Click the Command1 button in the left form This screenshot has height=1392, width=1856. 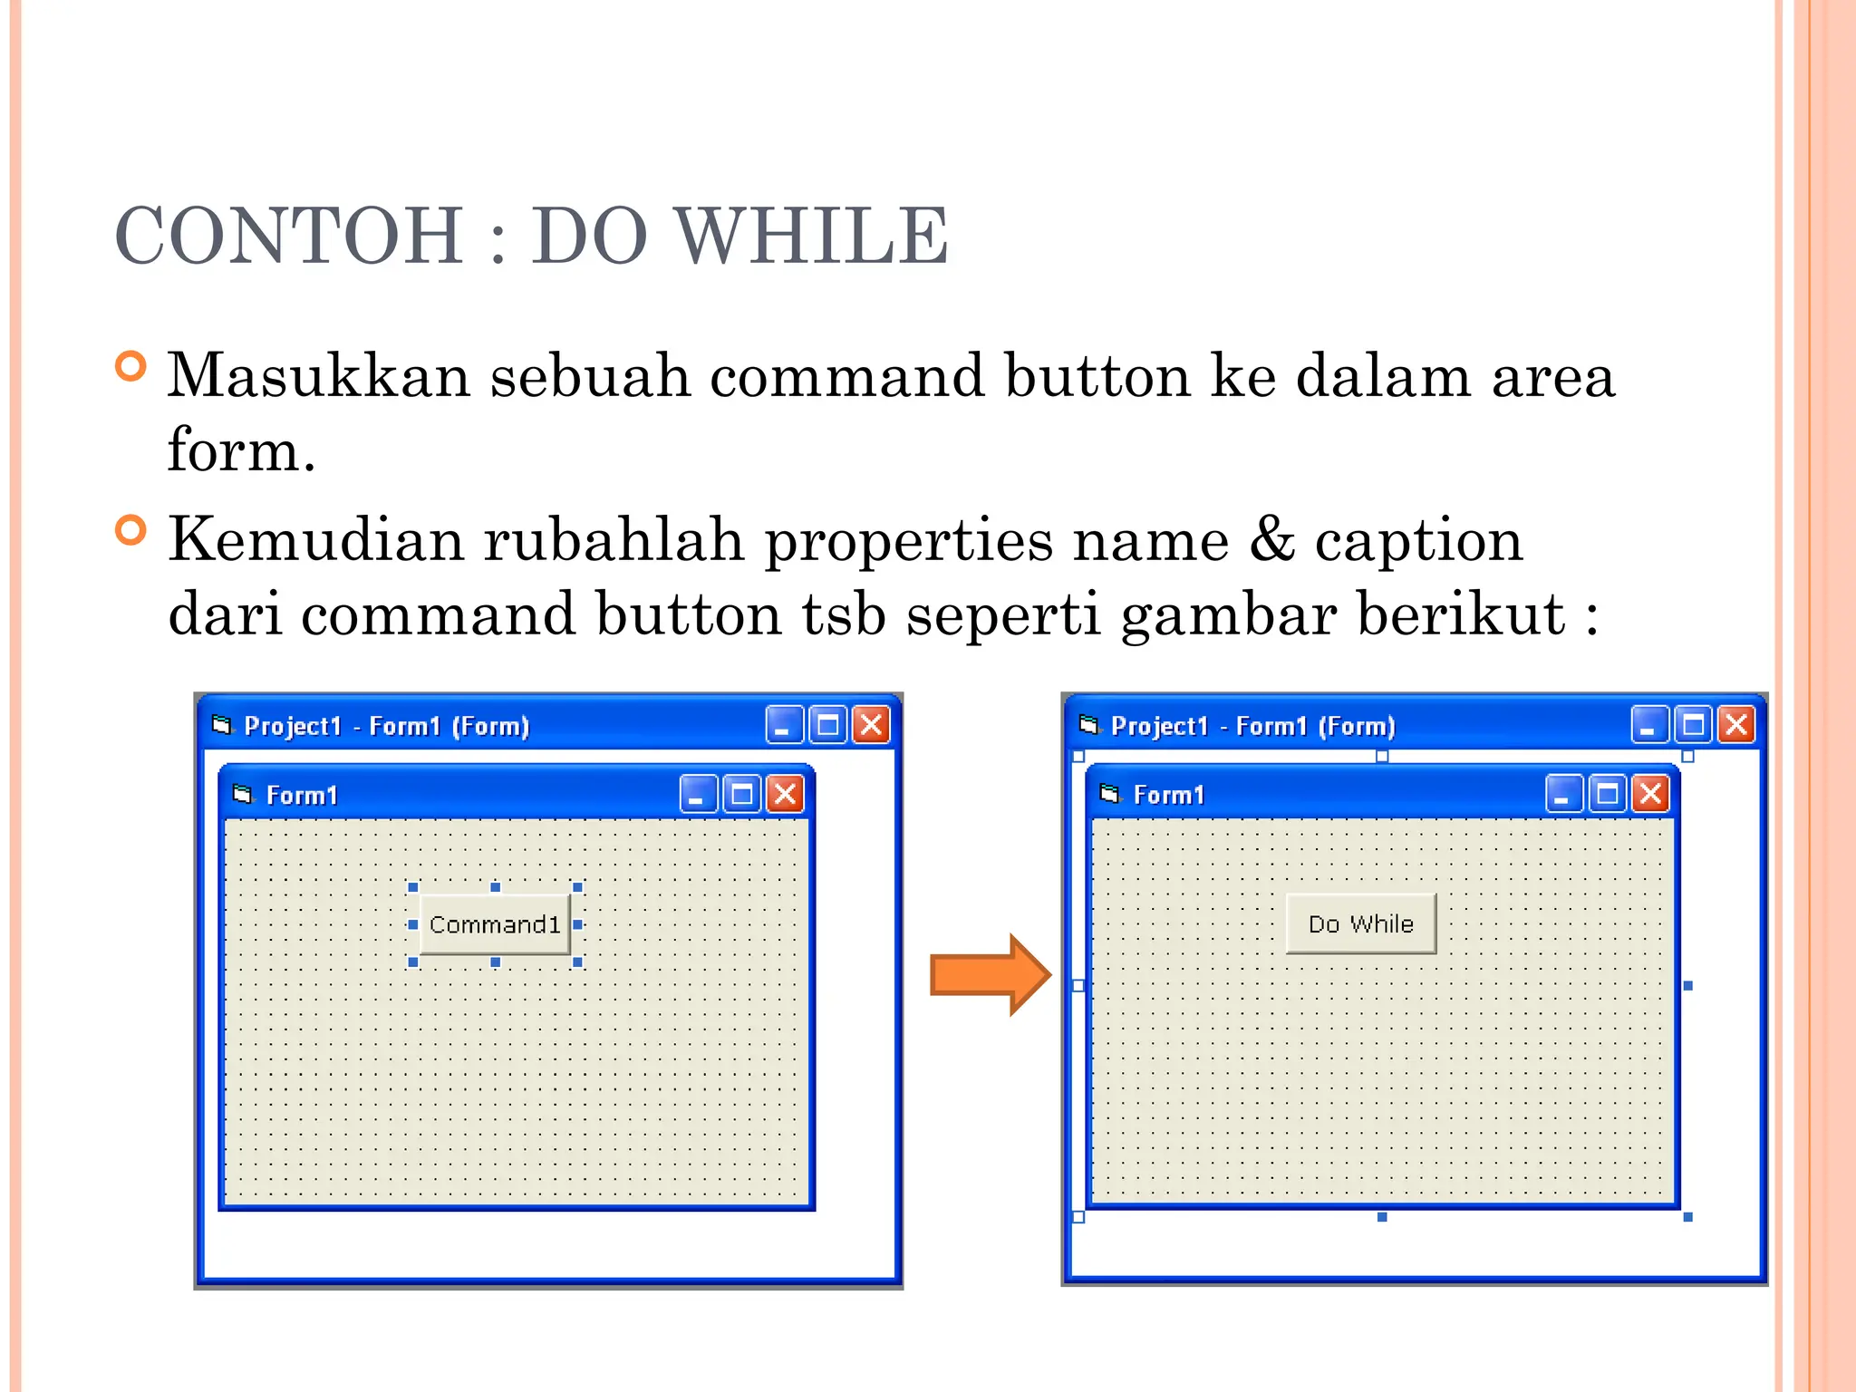pyautogui.click(x=495, y=924)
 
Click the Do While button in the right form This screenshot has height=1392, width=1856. pyautogui.click(x=1360, y=923)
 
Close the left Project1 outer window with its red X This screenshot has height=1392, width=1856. pyautogui.click(x=871, y=725)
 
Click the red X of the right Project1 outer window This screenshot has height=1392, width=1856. pyautogui.click(x=1737, y=725)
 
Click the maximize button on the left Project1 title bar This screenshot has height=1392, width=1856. pyautogui.click(x=827, y=725)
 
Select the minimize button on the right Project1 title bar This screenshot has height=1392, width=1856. pyautogui.click(x=1649, y=725)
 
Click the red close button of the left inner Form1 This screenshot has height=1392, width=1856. pyautogui.click(x=785, y=795)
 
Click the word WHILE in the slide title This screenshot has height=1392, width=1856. pyautogui.click(x=813, y=236)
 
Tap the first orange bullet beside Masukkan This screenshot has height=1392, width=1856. pyautogui.click(x=131, y=367)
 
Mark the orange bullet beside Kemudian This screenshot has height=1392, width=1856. pyautogui.click(x=131, y=530)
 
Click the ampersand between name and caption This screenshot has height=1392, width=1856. pyautogui.click(x=1271, y=539)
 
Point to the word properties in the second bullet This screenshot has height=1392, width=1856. pyautogui.click(x=906, y=541)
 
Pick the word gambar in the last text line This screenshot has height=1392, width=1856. pyautogui.click(x=1228, y=615)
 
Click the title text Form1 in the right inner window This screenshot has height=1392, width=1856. pyautogui.click(x=1169, y=795)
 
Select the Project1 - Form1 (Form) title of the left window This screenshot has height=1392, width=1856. pyautogui.click(x=386, y=726)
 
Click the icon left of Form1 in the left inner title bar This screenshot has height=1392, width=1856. pyautogui.click(x=242, y=794)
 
